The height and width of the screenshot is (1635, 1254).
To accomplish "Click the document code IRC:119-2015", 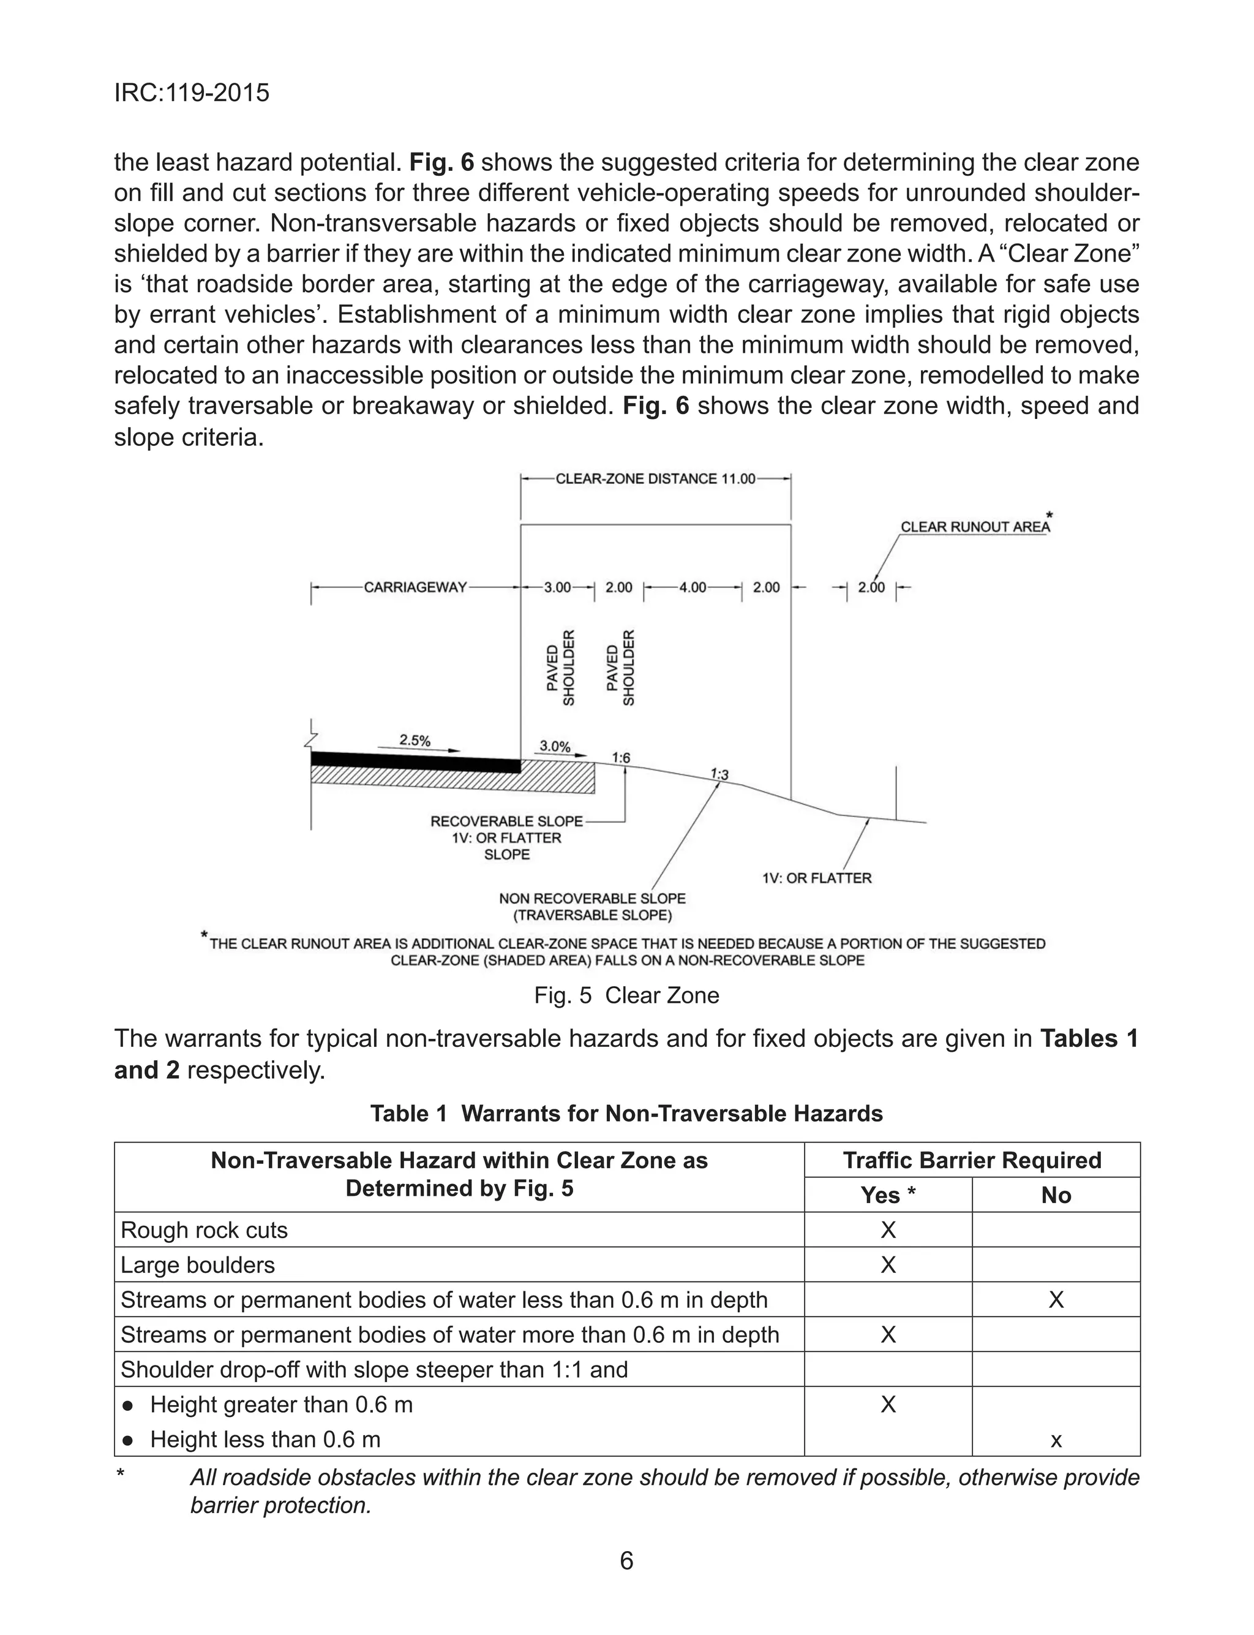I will pos(192,93).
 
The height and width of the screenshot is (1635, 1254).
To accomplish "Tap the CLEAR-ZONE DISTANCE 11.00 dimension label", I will pos(655,478).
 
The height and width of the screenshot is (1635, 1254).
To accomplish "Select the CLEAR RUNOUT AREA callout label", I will pos(974,526).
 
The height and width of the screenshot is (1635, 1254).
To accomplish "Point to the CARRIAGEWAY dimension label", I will pos(415,587).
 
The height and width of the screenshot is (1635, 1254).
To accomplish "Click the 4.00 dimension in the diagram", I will pos(692,587).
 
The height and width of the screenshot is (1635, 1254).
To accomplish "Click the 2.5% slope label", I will pos(415,740).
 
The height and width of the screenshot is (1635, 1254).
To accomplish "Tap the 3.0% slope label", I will pos(555,746).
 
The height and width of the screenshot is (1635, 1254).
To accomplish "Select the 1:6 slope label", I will pos(621,758).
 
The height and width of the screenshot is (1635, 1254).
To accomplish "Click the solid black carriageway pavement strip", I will pos(415,762).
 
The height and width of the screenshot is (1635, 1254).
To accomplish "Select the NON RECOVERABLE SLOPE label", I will pos(592,898).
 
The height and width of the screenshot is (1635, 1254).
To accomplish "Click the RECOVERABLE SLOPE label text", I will pos(506,821).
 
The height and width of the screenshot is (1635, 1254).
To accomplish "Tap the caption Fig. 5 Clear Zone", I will pos(626,995).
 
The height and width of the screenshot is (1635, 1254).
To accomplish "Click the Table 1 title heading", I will pos(626,1113).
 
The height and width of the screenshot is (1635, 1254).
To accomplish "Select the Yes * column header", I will pos(887,1195).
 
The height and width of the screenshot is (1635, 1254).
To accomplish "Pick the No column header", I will pos(1056,1195).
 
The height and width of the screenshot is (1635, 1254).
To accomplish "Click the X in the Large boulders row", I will pos(887,1265).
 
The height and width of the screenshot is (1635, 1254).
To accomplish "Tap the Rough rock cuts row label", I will pos(204,1229).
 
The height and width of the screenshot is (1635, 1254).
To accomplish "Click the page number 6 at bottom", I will pos(626,1560).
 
